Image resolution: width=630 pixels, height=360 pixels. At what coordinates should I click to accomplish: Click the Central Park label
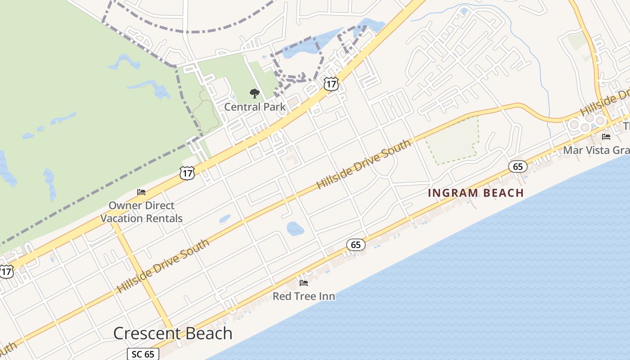(x=255, y=107)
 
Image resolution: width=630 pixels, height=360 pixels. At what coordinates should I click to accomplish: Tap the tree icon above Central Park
(x=255, y=94)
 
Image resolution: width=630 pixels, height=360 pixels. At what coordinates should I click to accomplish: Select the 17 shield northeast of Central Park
(x=331, y=84)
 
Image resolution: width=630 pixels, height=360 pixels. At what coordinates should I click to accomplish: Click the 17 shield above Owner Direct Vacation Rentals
(x=187, y=173)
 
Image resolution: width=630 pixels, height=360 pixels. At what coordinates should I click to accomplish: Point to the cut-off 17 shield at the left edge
(x=6, y=271)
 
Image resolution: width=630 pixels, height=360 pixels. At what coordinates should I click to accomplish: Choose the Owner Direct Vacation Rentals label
(x=141, y=212)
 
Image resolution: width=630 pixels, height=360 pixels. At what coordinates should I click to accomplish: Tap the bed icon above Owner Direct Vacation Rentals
(x=141, y=193)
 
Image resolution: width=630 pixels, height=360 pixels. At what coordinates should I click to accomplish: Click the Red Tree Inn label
(x=304, y=297)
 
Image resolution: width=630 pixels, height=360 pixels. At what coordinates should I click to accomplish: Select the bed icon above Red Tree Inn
(x=304, y=283)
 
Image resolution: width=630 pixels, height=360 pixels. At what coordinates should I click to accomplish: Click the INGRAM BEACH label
(x=476, y=193)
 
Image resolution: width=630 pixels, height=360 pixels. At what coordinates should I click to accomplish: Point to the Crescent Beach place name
(x=173, y=333)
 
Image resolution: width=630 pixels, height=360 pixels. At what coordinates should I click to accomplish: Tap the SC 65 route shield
(x=143, y=354)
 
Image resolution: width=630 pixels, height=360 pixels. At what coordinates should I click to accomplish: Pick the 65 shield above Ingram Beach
(x=517, y=167)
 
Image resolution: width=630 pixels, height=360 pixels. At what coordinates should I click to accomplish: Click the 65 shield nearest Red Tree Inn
(x=355, y=245)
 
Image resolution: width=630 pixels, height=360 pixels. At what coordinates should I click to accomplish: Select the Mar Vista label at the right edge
(x=596, y=150)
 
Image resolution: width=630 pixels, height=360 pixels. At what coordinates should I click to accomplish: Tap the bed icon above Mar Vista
(x=606, y=137)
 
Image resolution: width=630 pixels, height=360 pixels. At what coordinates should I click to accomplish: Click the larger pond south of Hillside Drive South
(x=295, y=229)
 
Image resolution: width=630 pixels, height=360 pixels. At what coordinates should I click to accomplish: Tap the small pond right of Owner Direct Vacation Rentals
(x=225, y=219)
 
